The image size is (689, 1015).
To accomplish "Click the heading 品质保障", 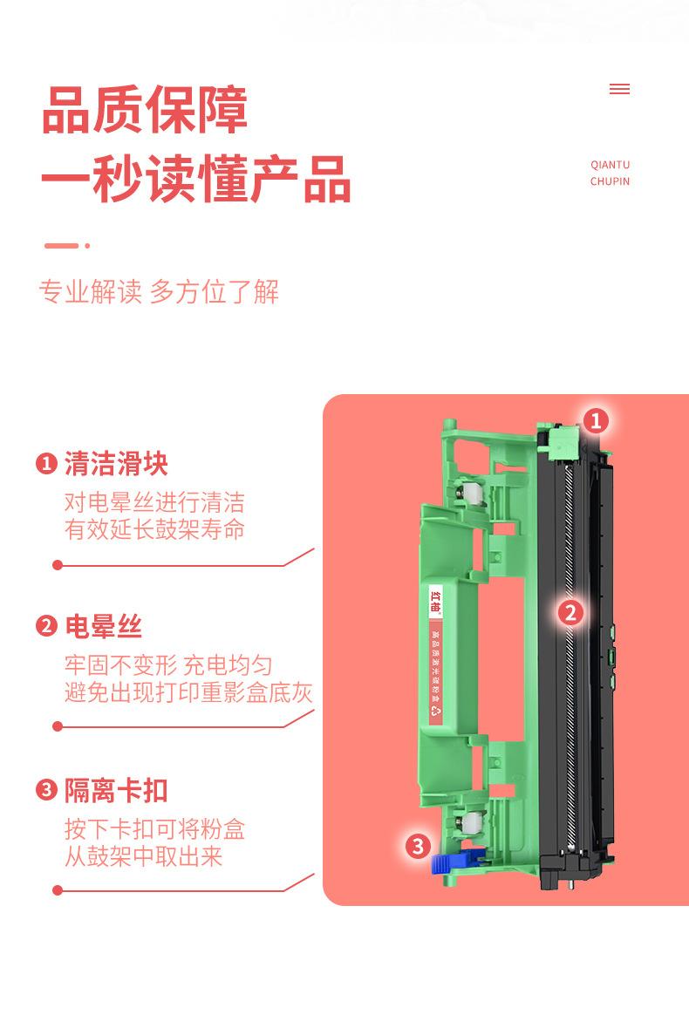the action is pyautogui.click(x=145, y=110).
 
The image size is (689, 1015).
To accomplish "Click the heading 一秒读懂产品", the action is pyautogui.click(x=195, y=180).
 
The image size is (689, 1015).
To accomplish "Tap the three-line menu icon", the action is pyautogui.click(x=619, y=89).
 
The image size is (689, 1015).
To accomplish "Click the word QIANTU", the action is pyautogui.click(x=610, y=165).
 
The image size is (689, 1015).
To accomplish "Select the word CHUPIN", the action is pyautogui.click(x=610, y=181).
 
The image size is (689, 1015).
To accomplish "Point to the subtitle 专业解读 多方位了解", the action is pyautogui.click(x=159, y=291).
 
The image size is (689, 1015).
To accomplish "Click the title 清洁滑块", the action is pyautogui.click(x=116, y=463).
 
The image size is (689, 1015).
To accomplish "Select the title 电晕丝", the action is pyautogui.click(x=103, y=626).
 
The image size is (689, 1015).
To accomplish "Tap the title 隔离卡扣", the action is pyautogui.click(x=116, y=790).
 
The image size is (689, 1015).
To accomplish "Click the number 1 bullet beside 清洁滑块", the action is pyautogui.click(x=46, y=463).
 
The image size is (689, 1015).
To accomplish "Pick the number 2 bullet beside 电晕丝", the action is pyautogui.click(x=46, y=626).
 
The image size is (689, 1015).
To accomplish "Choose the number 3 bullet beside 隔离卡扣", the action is pyautogui.click(x=46, y=790).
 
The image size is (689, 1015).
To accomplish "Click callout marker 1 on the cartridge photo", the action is pyautogui.click(x=596, y=421).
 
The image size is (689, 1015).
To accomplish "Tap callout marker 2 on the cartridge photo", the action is pyautogui.click(x=570, y=612).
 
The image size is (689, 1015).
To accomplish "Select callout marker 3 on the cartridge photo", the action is pyautogui.click(x=418, y=845).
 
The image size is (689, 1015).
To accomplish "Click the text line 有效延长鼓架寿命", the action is pyautogui.click(x=154, y=529).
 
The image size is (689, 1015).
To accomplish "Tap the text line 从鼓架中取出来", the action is pyautogui.click(x=143, y=856).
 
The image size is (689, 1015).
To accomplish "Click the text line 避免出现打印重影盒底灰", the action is pyautogui.click(x=188, y=693).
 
